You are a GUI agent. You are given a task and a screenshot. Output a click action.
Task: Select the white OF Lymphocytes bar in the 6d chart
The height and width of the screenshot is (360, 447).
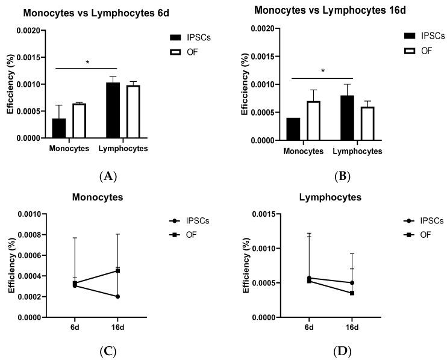tap(133, 112)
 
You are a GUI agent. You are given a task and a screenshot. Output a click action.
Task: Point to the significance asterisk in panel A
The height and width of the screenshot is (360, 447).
tap(87, 63)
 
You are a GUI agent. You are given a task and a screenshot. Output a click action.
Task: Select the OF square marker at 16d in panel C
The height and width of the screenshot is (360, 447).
tap(118, 271)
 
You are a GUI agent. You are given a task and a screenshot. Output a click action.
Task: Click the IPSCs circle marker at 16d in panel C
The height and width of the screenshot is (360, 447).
tap(118, 296)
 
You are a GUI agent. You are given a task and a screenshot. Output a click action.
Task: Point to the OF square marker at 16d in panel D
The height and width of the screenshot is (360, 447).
tap(352, 293)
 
